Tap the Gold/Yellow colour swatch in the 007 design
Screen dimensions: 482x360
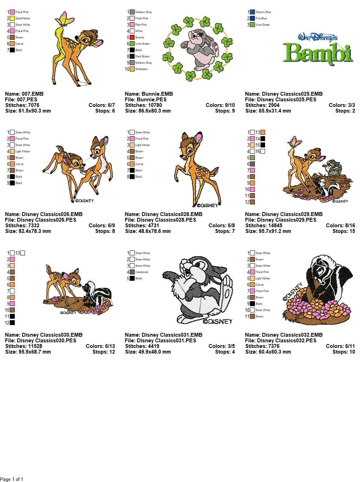pos(12,18)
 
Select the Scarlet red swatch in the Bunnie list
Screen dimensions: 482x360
pos(132,37)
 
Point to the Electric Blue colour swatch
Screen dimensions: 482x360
pos(252,12)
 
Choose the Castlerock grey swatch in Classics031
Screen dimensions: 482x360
pos(132,272)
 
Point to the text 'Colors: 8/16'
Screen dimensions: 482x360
pos(340,226)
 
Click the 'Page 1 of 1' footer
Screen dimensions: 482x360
pos(12,479)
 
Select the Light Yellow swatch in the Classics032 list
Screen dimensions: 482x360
pos(252,278)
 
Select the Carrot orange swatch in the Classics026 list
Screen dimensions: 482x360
pos(12,164)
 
